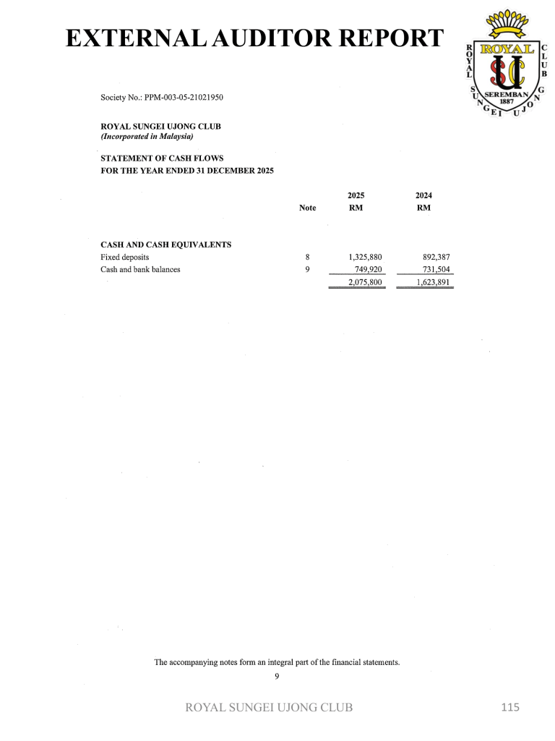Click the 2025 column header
[356, 195]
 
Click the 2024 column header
[424, 195]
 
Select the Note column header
[307, 208]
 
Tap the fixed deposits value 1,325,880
[365, 257]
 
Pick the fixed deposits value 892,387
[436, 257]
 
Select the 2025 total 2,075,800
[365, 282]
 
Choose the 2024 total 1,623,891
[433, 282]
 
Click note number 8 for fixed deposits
[308, 257]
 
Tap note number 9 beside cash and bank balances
[308, 269]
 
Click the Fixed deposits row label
[124, 257]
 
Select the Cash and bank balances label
[140, 269]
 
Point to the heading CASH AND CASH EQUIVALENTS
[165, 244]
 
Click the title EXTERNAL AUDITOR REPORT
[254, 38]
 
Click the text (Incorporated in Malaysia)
[147, 136]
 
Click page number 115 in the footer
[510, 707]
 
